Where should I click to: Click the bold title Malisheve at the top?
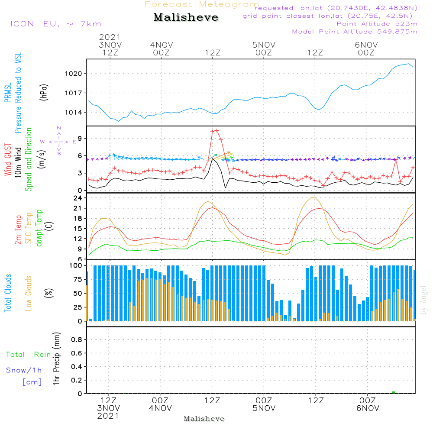[x=186, y=18]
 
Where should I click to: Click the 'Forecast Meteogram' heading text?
[x=202, y=4]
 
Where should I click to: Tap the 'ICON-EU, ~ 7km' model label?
[x=55, y=24]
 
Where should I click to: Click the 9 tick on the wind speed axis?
[x=79, y=139]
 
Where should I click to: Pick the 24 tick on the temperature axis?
[x=78, y=198]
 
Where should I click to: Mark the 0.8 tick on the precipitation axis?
[x=77, y=340]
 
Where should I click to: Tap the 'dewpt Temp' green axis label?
[x=39, y=229]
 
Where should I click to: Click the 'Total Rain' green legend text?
[x=29, y=355]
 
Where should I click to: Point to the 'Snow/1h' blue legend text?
[x=24, y=370]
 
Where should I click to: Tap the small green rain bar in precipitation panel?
[x=393, y=392]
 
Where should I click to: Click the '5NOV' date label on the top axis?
[x=264, y=45]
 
